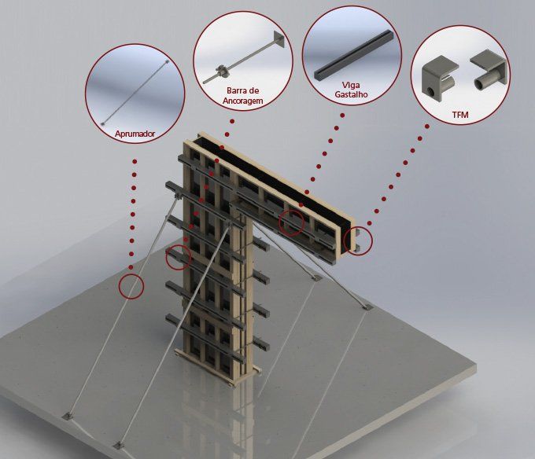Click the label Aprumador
pos(135,134)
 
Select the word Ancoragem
pos(242,101)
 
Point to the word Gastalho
pos(352,94)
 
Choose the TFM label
pos(460,115)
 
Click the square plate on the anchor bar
pos(278,40)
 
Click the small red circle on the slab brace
pos(131,286)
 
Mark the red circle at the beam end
pos(358,241)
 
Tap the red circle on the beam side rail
pos(291,222)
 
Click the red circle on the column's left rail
pos(178,257)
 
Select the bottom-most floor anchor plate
pos(118,445)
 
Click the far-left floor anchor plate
pos(68,416)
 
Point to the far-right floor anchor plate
pos(367,307)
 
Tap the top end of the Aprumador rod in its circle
pos(167,61)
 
